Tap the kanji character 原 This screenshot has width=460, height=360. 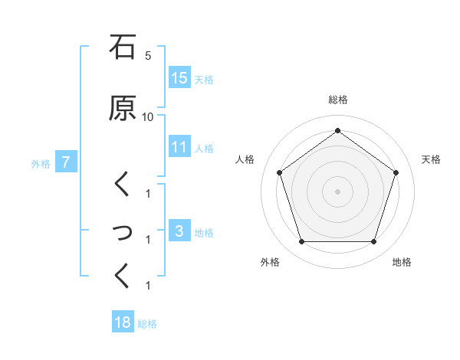pyautogui.click(x=123, y=108)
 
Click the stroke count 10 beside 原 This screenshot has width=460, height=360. pyautogui.click(x=148, y=117)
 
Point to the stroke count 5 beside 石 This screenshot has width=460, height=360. pyautogui.click(x=148, y=56)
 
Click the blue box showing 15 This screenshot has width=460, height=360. pyautogui.click(x=179, y=78)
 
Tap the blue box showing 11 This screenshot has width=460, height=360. pyautogui.click(x=179, y=147)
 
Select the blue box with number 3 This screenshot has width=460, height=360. pyautogui.click(x=179, y=231)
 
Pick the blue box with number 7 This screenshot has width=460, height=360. pyautogui.click(x=66, y=162)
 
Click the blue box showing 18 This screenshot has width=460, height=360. pyautogui.click(x=123, y=322)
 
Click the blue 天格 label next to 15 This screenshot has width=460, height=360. pyautogui.click(x=204, y=80)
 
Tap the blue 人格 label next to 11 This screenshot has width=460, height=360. pyautogui.click(x=204, y=149)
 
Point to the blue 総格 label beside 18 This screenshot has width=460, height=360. pyautogui.click(x=147, y=324)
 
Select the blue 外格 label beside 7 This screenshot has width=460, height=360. pyautogui.click(x=41, y=164)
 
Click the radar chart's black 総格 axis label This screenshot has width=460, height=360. pyautogui.click(x=337, y=100)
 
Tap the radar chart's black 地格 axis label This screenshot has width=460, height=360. pyautogui.click(x=402, y=262)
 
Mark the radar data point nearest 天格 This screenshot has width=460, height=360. pyautogui.click(x=396, y=172)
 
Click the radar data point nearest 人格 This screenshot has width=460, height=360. pyautogui.click(x=280, y=172)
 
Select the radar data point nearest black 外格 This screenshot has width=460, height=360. pyautogui.click(x=301, y=241)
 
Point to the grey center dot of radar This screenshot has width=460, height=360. pyautogui.click(x=337, y=191)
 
